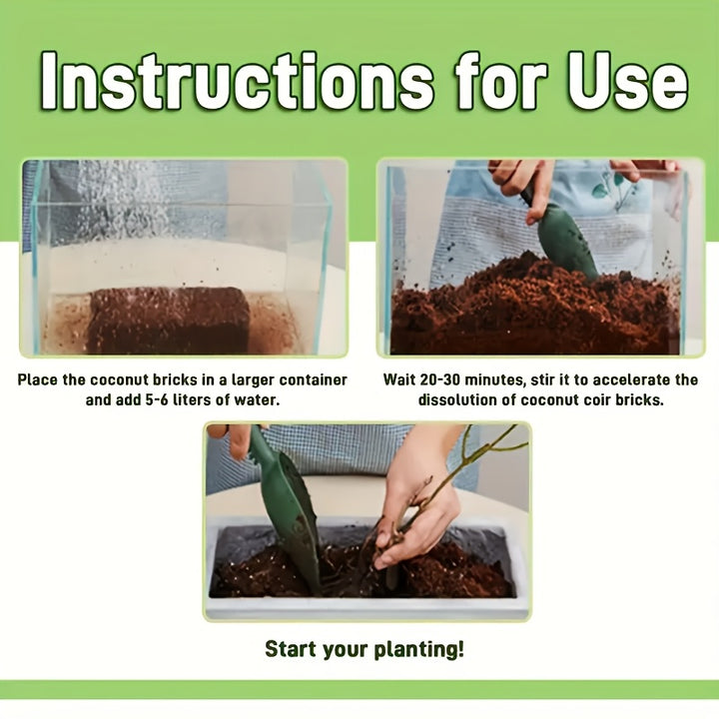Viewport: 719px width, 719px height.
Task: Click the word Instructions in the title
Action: [x=237, y=81]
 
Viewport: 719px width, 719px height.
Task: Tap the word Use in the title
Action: [x=628, y=81]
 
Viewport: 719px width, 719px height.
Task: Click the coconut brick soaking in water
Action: [x=170, y=321]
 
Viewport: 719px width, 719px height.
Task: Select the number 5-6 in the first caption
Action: [x=157, y=399]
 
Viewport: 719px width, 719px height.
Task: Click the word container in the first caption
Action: [x=314, y=379]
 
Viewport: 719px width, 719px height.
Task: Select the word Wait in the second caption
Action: [x=399, y=379]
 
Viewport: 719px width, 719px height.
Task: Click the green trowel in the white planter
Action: [x=287, y=509]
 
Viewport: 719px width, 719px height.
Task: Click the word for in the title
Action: [x=501, y=81]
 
